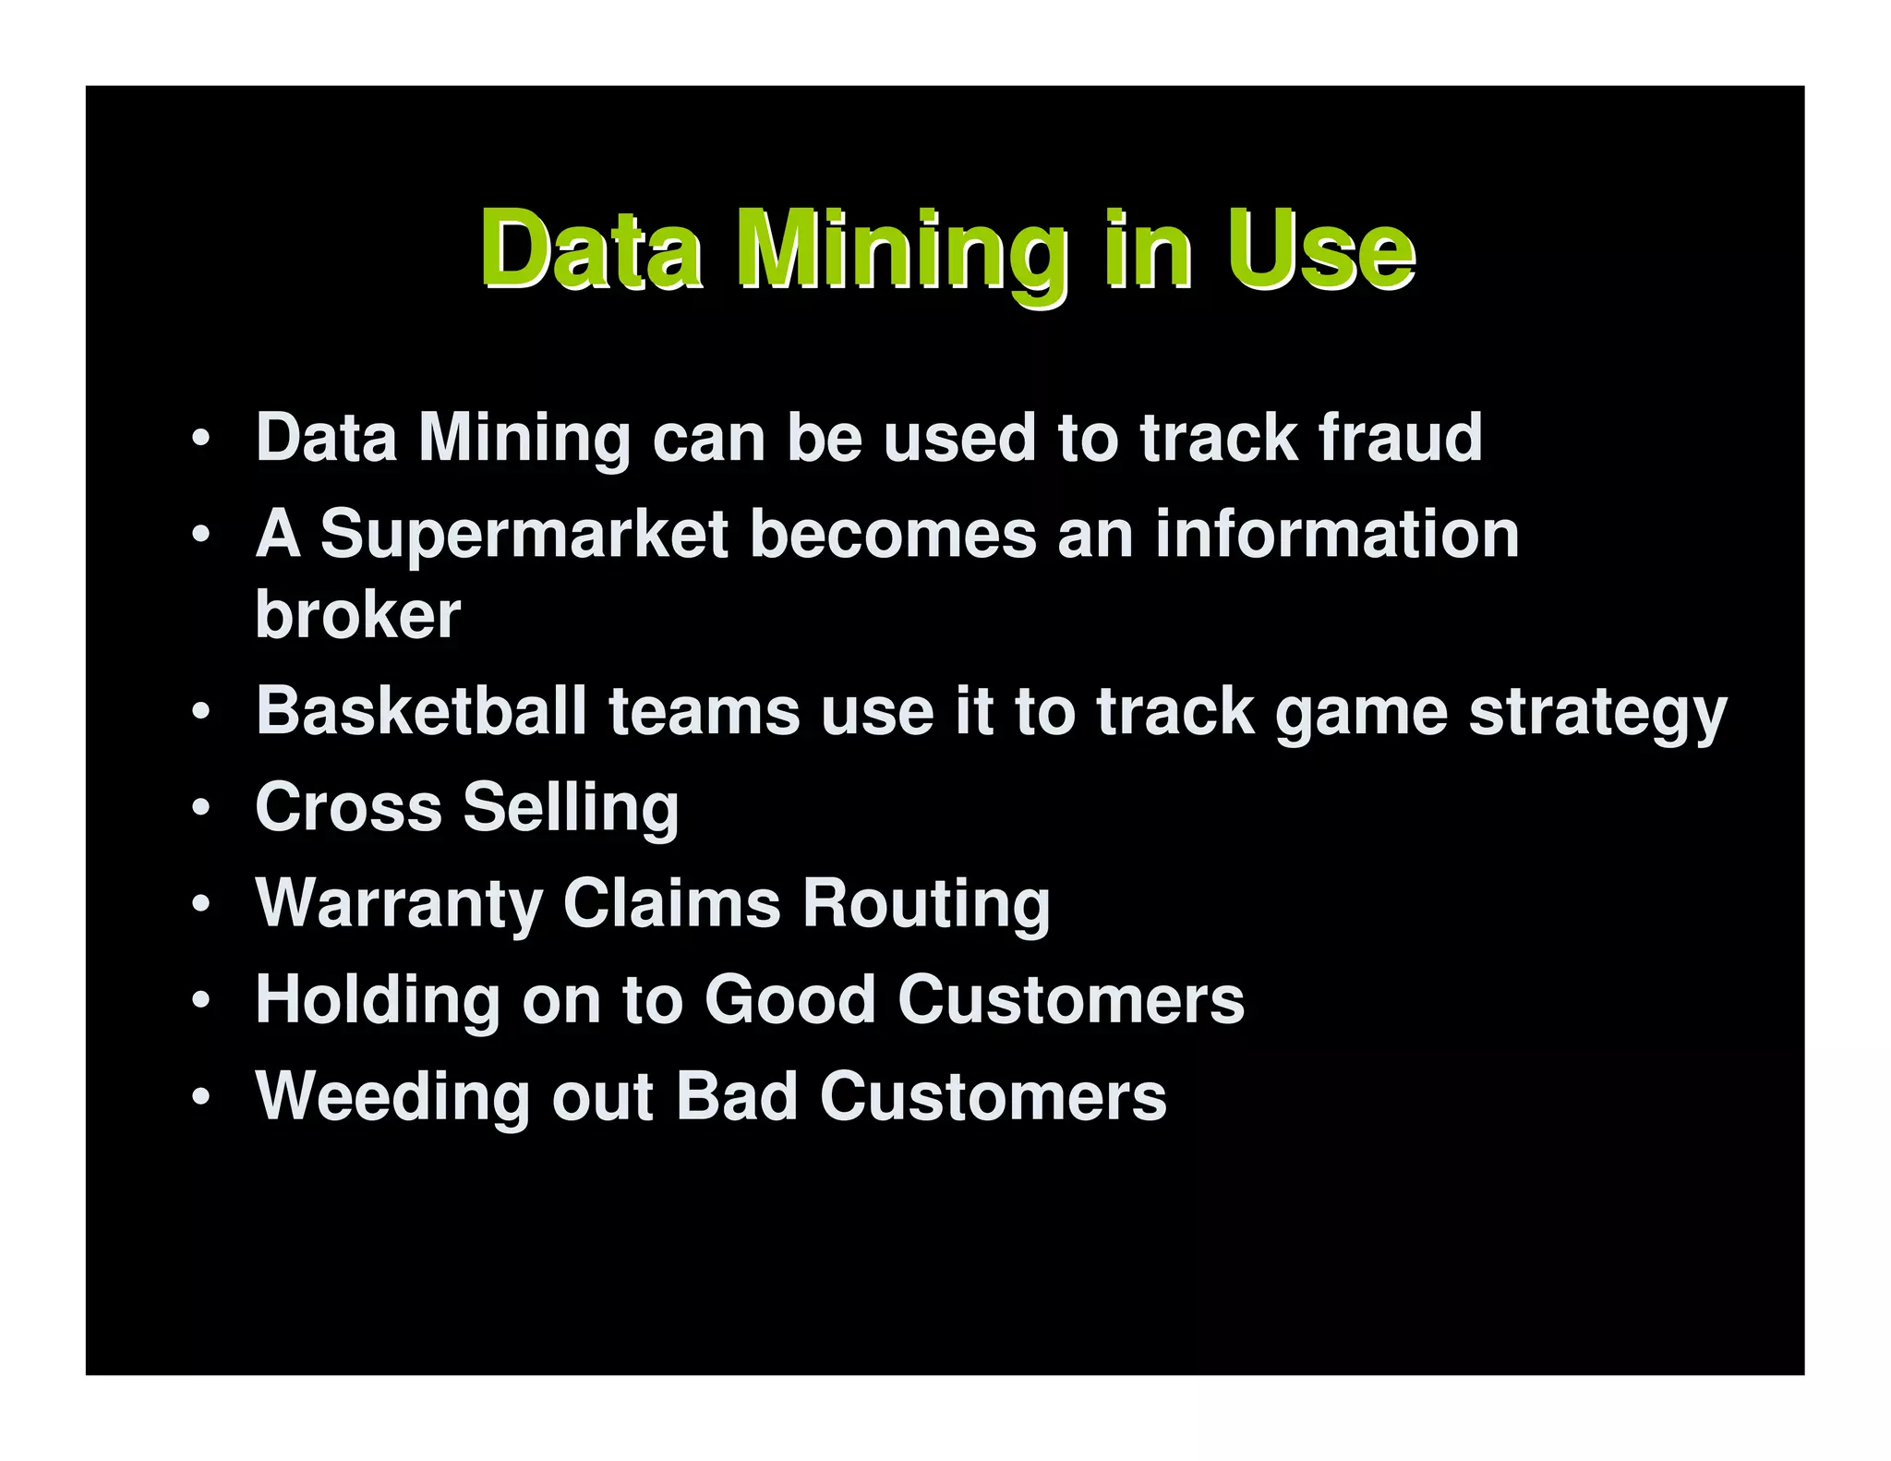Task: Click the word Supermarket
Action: coord(525,536)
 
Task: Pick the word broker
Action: coord(358,614)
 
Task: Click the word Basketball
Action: coord(421,711)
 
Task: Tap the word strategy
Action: coord(1597,715)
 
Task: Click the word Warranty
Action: coord(399,905)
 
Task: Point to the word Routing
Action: coord(926,905)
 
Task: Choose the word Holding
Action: coord(377,1001)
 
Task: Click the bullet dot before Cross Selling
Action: coord(201,809)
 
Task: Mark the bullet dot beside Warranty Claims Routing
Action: coord(201,905)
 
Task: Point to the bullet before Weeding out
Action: coord(201,1097)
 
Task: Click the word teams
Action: coord(704,712)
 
